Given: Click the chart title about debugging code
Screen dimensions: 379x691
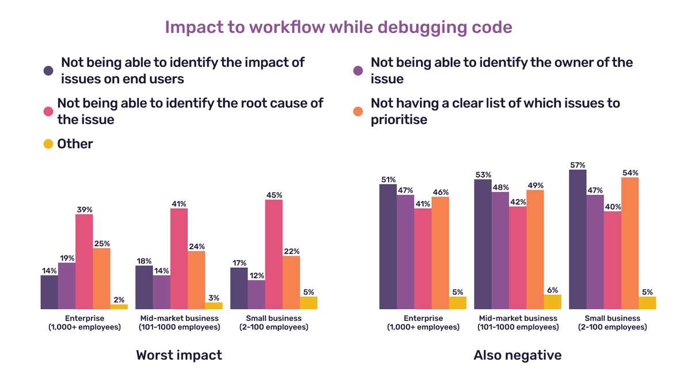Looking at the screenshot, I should click(339, 28).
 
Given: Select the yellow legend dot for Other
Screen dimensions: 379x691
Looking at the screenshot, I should click(49, 144).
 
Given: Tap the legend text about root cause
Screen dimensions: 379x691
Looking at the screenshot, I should click(190, 111).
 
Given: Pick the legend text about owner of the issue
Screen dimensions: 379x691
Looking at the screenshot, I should click(501, 70).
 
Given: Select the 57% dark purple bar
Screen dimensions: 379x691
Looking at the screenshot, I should click(578, 239).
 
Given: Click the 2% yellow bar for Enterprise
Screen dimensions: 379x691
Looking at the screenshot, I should click(119, 306).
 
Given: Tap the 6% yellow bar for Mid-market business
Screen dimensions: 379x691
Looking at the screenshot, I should click(552, 302).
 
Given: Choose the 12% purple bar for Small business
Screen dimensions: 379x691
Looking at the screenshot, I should click(256, 294).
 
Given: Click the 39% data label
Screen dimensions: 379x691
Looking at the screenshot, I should click(84, 208).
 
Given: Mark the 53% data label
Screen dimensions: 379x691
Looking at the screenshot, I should click(483, 174).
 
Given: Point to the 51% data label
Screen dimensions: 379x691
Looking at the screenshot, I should click(388, 179).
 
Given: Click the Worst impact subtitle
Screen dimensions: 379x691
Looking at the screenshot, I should click(179, 355).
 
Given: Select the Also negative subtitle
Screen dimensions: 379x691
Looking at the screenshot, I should click(517, 355).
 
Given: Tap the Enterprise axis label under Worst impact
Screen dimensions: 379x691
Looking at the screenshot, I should click(84, 322).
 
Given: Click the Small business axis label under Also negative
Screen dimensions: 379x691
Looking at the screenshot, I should click(612, 322).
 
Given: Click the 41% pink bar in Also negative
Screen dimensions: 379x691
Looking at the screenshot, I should click(423, 258).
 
